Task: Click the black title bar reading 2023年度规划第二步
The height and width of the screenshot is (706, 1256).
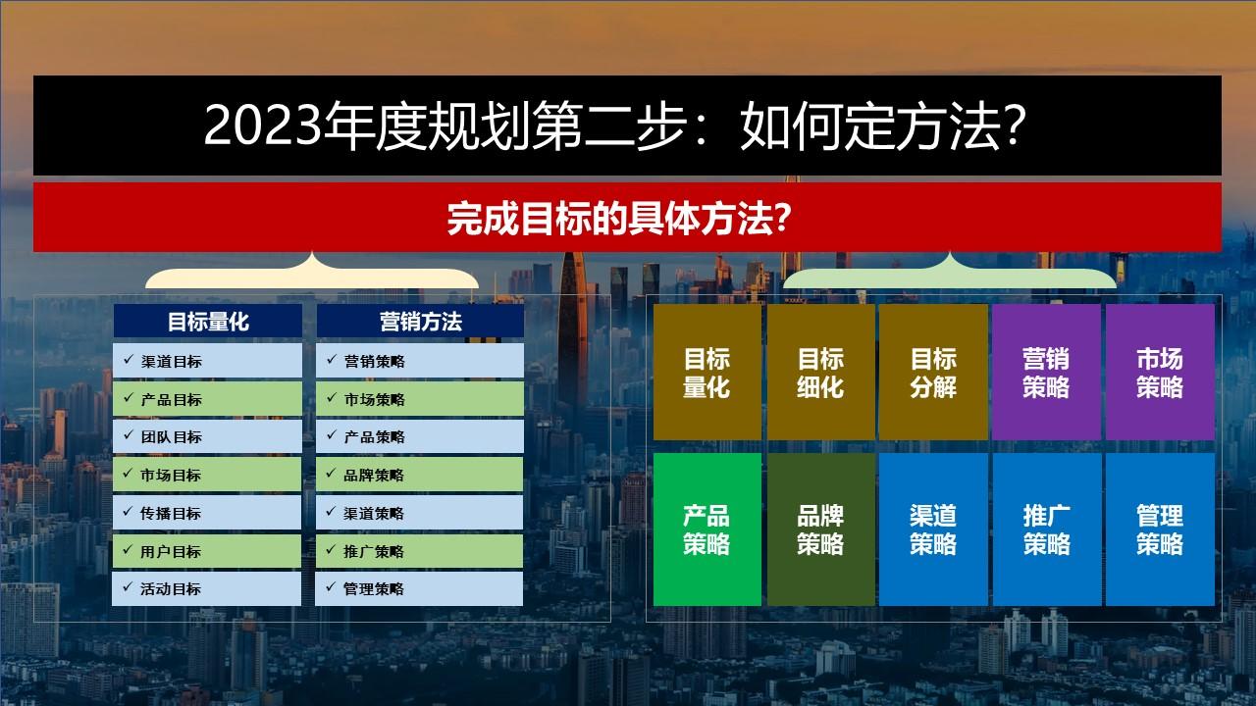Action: point(627,126)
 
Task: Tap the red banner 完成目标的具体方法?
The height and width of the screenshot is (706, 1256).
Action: point(627,218)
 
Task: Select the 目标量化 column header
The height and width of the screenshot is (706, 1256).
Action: point(208,321)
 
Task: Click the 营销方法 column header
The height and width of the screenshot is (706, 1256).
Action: point(421,321)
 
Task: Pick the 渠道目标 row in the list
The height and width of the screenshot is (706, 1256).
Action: point(207,361)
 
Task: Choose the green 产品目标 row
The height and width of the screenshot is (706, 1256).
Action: point(207,399)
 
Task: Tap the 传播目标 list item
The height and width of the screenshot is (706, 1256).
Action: point(207,513)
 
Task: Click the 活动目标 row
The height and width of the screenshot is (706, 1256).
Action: point(206,588)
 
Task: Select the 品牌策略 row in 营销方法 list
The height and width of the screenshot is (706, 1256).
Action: point(419,475)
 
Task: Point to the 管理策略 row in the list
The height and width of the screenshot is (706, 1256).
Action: point(419,588)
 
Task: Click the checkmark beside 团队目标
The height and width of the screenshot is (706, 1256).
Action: point(129,434)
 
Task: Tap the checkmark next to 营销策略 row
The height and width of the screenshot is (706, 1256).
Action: point(332,359)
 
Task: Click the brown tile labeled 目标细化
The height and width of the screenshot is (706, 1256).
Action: point(821,372)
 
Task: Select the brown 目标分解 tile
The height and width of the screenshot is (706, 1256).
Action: point(933,372)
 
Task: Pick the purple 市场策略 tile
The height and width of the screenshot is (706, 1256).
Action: point(1160,372)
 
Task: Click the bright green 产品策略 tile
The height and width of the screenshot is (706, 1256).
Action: point(707,529)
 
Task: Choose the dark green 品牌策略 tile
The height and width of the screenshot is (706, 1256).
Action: point(821,529)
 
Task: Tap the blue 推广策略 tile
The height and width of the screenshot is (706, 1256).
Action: point(1047,529)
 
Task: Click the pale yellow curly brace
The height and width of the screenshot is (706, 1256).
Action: point(312,275)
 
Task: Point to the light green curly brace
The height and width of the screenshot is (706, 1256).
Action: point(950,275)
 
